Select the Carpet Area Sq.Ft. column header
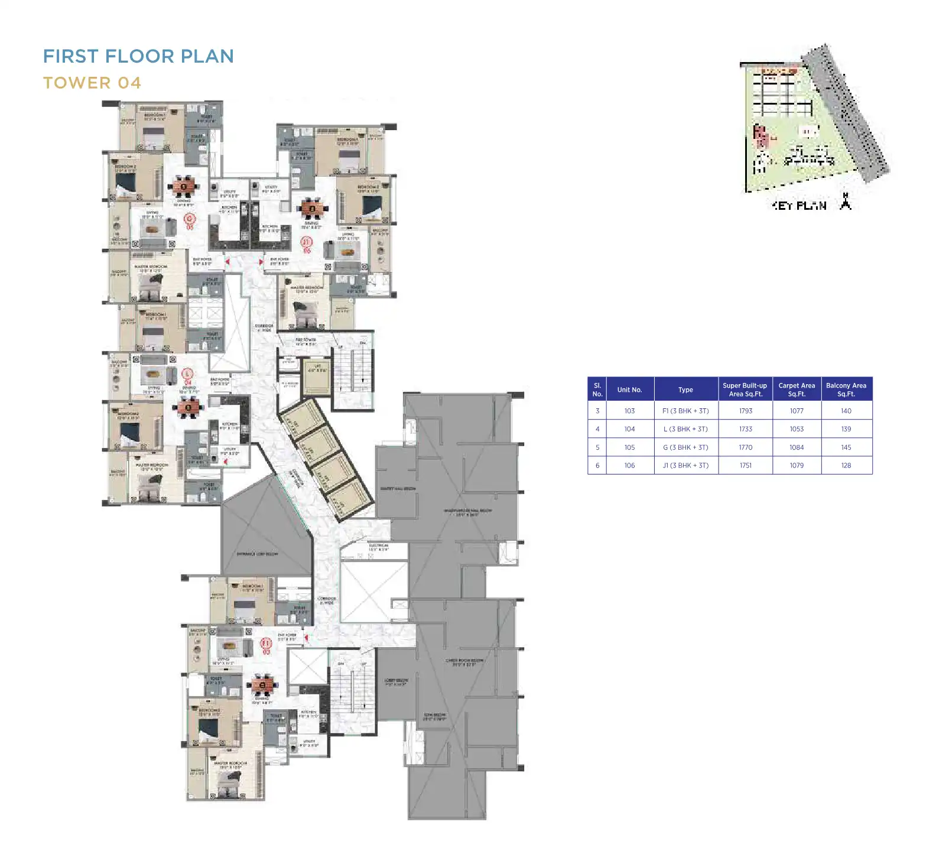[x=796, y=389]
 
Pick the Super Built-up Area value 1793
[x=745, y=411]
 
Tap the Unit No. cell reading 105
[x=629, y=447]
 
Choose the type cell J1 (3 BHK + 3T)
[x=685, y=466]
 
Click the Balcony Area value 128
[x=846, y=466]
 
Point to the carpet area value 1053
[x=796, y=429]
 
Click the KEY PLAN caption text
[x=799, y=206]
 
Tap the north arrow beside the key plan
[x=846, y=202]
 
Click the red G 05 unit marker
[x=190, y=222]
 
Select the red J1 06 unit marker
[x=306, y=245]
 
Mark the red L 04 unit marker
[x=187, y=377]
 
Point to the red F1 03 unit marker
[x=266, y=647]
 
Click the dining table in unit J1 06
[x=311, y=208]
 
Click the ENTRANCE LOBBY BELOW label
[x=257, y=554]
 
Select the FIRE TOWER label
[x=305, y=341]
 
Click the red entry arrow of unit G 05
[x=227, y=261]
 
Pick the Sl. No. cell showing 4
[x=597, y=429]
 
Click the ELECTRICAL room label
[x=378, y=547]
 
